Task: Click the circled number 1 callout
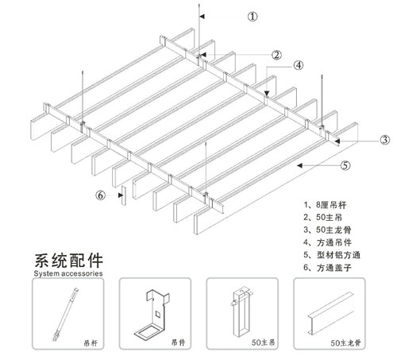(253, 16)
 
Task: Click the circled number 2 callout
(276, 55)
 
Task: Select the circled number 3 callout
(384, 140)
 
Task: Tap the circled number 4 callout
(299, 65)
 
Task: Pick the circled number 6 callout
(100, 194)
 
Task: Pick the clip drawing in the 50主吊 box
(239, 314)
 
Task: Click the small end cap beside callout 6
(121, 194)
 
